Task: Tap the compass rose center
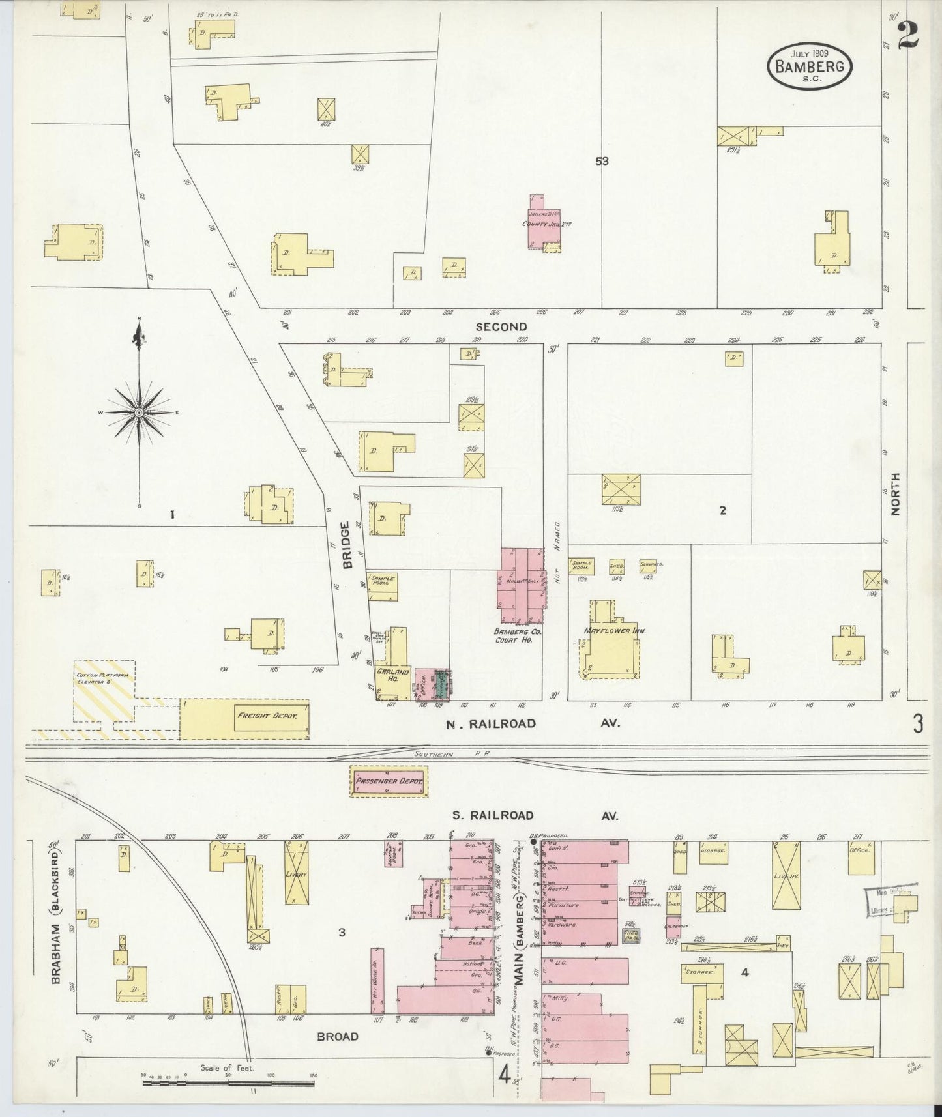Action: [139, 413]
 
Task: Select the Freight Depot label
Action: [267, 716]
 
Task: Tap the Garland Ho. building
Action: [392, 675]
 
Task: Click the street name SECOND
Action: [501, 326]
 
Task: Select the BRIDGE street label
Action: [347, 544]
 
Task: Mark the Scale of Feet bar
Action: [228, 1083]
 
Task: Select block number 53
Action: [601, 161]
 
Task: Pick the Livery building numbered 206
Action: [297, 873]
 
